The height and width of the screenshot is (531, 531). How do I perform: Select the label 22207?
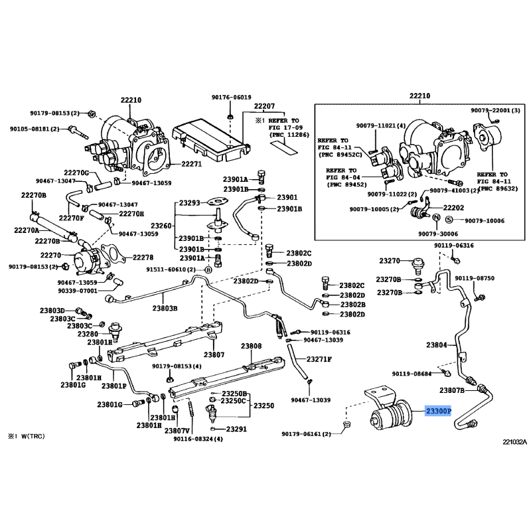[x=264, y=107]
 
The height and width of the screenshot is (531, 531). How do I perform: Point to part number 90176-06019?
[x=232, y=97]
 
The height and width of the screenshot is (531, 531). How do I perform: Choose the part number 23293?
[x=189, y=203]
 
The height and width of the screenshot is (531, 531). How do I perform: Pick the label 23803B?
[x=165, y=308]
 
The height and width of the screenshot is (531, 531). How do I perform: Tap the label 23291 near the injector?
[x=236, y=429]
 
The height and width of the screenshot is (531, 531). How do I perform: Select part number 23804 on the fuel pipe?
[x=437, y=345]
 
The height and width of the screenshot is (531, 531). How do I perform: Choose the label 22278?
[x=143, y=258]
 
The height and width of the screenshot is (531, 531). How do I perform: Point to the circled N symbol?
[x=436, y=218]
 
